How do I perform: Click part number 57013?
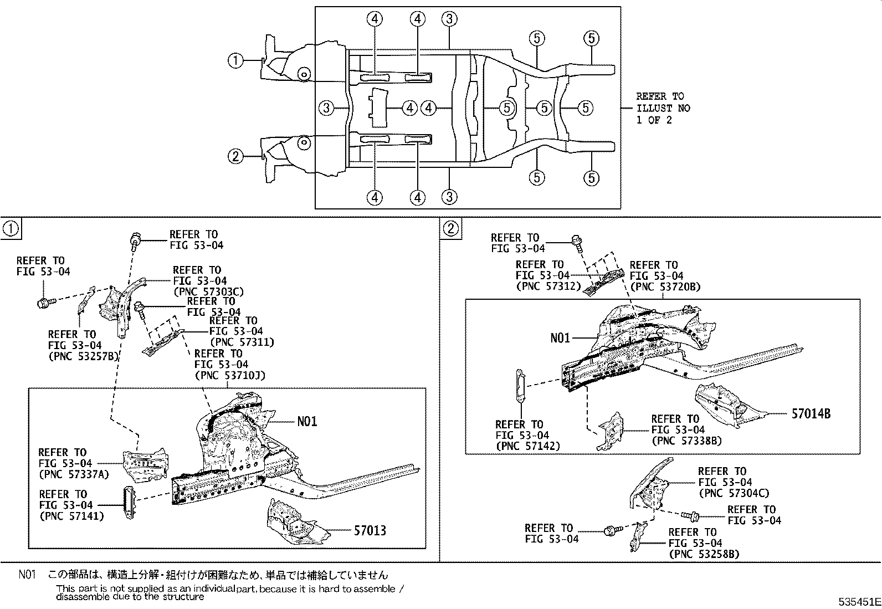(370, 531)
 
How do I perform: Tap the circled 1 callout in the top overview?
(235, 60)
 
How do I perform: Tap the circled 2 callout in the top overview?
(235, 157)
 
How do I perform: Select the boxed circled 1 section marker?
(11, 229)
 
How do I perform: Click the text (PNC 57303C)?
(208, 292)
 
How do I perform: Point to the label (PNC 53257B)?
(84, 356)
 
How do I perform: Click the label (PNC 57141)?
(71, 516)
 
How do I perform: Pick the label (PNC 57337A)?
(74, 474)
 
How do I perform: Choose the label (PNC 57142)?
(528, 446)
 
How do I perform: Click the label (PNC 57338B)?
(686, 441)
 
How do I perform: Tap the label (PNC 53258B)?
(704, 554)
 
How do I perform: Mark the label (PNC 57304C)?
(734, 493)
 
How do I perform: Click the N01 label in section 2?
(560, 337)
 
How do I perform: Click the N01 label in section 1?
(307, 422)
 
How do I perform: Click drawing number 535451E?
(859, 602)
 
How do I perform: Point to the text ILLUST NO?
(663, 108)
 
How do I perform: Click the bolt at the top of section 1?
(135, 239)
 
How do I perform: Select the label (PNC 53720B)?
(665, 286)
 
